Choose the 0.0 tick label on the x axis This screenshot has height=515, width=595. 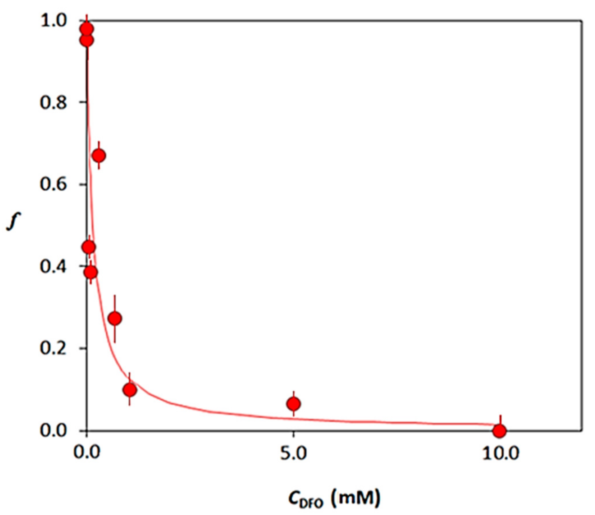[x=87, y=454]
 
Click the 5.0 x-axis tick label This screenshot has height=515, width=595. [x=293, y=454]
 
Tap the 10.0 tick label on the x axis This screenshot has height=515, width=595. [x=500, y=454]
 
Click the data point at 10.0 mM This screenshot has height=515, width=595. [x=499, y=431]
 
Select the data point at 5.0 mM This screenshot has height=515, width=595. [x=294, y=404]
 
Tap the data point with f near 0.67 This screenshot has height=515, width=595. [x=99, y=156]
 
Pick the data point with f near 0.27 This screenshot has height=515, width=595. [x=115, y=318]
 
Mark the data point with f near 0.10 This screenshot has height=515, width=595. [x=130, y=390]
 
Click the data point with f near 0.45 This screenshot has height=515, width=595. [x=89, y=247]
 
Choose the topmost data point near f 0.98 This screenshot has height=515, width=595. [x=87, y=29]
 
